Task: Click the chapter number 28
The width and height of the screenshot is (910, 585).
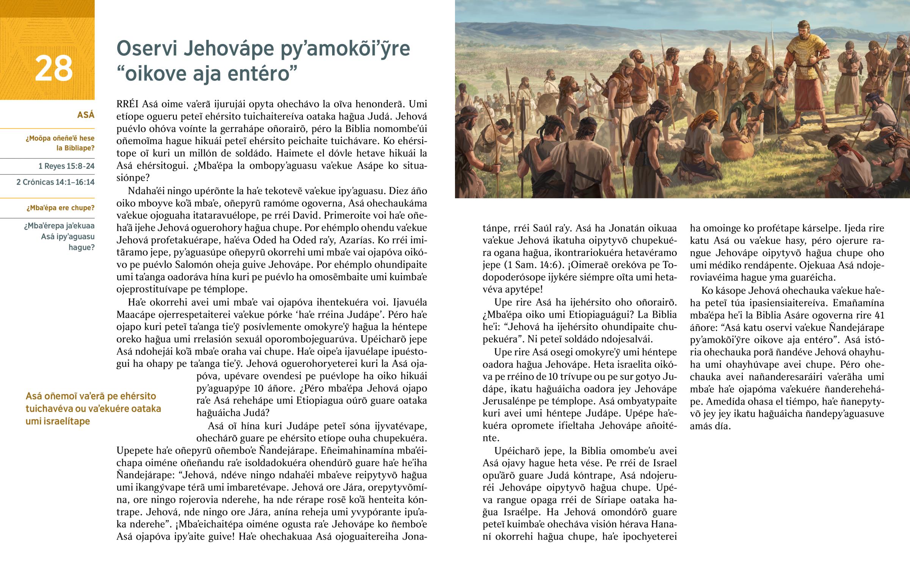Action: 53,68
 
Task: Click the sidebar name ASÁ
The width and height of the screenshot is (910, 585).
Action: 85,115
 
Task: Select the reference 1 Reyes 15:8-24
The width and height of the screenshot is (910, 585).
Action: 66,166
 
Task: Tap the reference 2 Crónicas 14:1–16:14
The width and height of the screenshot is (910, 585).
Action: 55,182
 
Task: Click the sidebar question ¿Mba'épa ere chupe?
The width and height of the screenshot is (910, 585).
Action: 60,208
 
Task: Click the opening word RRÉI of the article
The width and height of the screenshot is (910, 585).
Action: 128,104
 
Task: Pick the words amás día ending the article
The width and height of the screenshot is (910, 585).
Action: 710,426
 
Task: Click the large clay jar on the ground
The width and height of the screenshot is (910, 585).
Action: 737,146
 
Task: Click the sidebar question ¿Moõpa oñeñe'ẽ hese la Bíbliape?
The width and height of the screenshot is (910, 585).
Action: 60,143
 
